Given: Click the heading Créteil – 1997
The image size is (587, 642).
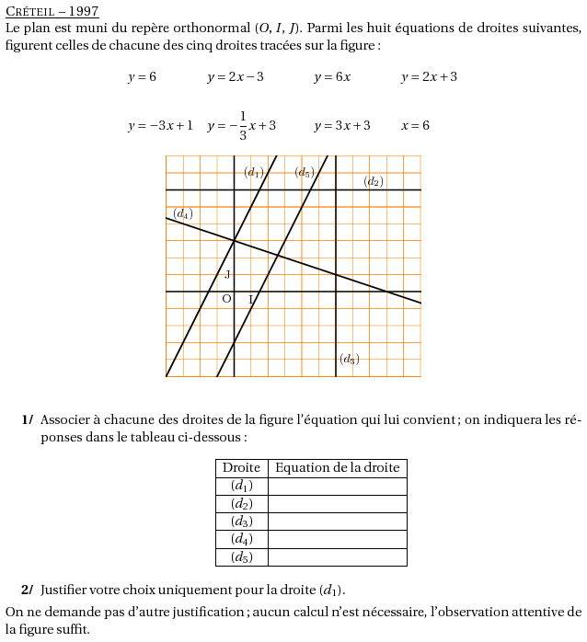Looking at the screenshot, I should pos(52,12).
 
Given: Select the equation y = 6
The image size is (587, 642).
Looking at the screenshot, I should pos(142,77).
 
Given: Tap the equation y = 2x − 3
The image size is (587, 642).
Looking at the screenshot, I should pos(236,77).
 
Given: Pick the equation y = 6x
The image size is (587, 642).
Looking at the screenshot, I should pos(332,77).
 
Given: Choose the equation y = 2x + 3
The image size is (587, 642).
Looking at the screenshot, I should pos(429,77).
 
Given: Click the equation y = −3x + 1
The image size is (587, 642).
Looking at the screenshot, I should pos(160,126).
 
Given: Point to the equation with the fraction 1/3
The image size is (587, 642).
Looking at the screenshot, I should pos(241,126).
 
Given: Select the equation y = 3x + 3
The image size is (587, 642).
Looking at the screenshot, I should pos(342,126).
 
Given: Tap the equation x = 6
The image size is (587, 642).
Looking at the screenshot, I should pos(415,126).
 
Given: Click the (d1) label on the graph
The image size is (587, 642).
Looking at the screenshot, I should pos(254,172).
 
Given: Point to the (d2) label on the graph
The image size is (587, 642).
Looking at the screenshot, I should pos(373,182).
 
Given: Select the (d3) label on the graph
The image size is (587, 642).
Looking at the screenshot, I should pos(349,360).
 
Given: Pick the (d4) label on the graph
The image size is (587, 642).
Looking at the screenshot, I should pos(183,214).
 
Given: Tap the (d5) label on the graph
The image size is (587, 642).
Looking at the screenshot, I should pos(305,172).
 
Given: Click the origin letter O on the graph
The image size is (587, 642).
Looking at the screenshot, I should pos(226,299).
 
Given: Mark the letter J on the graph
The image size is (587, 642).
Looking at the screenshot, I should pos(227,274).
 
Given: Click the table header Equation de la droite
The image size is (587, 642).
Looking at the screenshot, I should pos(337,468).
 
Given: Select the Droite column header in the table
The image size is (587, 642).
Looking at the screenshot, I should pos(241,468).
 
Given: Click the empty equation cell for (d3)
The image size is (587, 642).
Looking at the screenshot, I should pos(337,522).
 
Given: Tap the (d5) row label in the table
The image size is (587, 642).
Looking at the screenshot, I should pos(241,557).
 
